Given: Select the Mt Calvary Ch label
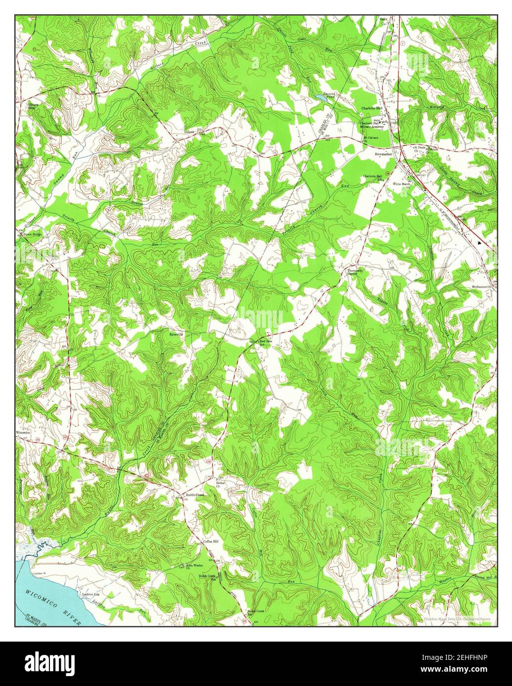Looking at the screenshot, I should tap(371, 140).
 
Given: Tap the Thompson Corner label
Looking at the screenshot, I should tap(355, 272).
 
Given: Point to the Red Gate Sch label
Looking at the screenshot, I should tap(266, 343).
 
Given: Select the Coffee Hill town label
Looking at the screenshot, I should tap(211, 541).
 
